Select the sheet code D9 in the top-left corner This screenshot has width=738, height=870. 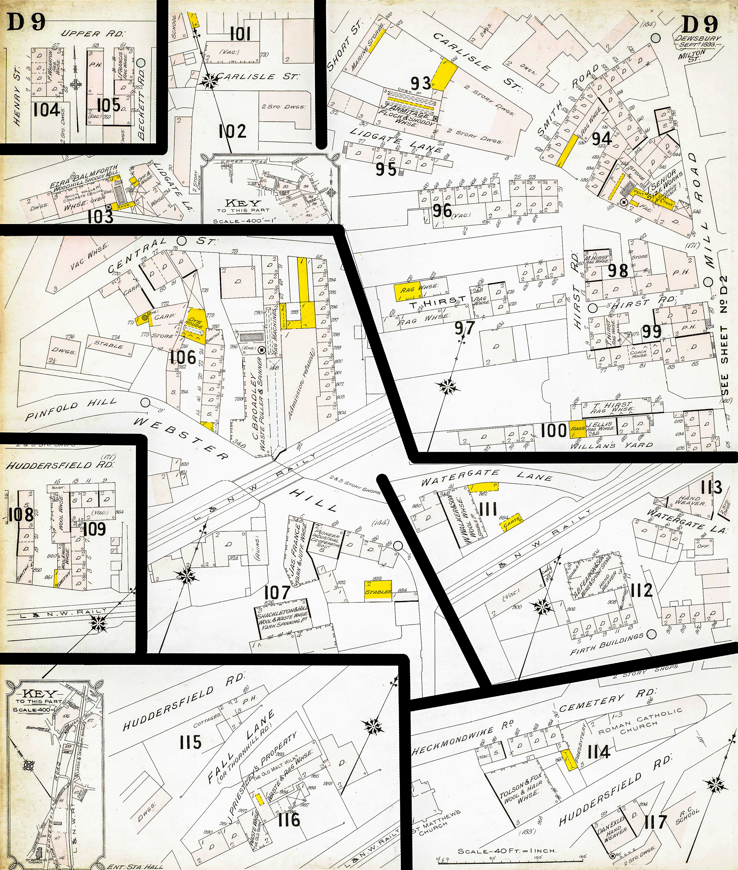26,23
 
